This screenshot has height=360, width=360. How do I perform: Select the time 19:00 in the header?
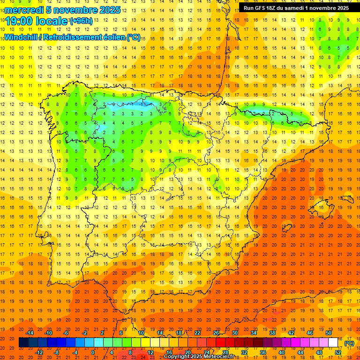[x=19, y=21]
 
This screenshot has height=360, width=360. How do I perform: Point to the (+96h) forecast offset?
[x=81, y=21]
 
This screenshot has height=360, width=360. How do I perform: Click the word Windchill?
[x=21, y=37]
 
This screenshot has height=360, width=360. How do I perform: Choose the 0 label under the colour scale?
[x=93, y=352]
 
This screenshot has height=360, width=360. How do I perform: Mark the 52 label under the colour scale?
[x=337, y=352]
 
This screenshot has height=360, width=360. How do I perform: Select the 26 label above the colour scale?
[x=216, y=333]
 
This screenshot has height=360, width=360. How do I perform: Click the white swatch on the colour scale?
[x=333, y=343]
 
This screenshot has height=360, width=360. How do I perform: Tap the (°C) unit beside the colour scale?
[x=349, y=343]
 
